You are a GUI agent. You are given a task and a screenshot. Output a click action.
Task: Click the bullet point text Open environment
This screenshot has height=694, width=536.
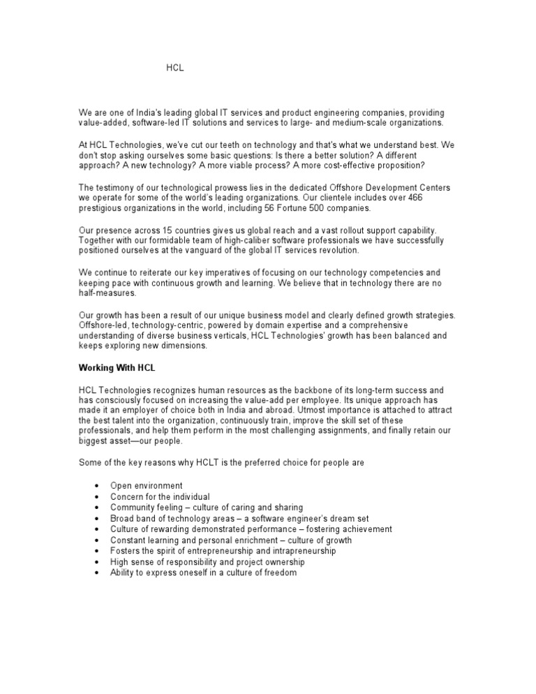147,485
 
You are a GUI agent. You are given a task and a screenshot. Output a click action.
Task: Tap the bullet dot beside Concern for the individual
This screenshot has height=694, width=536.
94,497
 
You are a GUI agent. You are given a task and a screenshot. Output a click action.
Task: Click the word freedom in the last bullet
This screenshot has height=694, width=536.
281,573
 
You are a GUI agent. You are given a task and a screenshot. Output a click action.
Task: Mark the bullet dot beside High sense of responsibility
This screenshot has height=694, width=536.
94,562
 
